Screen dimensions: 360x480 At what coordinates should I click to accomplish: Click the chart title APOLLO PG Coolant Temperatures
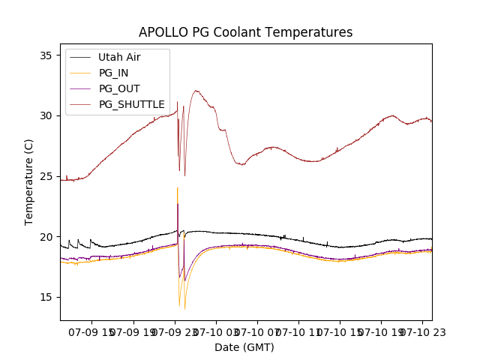pos(245,32)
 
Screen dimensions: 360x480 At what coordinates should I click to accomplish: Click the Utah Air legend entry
pos(118,57)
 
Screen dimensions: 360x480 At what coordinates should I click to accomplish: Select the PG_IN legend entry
pos(114,73)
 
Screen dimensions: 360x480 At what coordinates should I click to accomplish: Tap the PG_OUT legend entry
pos(118,88)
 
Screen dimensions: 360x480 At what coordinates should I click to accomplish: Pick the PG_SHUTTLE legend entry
pos(131,104)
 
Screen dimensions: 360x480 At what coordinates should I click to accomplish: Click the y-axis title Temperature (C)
pos(29,182)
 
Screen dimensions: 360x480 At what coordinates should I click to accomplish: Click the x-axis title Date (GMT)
pos(244,347)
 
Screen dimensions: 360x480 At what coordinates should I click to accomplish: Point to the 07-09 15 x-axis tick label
pos(93,331)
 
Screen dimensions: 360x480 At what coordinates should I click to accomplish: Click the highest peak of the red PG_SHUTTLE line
pos(196,91)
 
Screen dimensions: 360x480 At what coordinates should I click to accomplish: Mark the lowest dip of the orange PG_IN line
pos(184,309)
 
